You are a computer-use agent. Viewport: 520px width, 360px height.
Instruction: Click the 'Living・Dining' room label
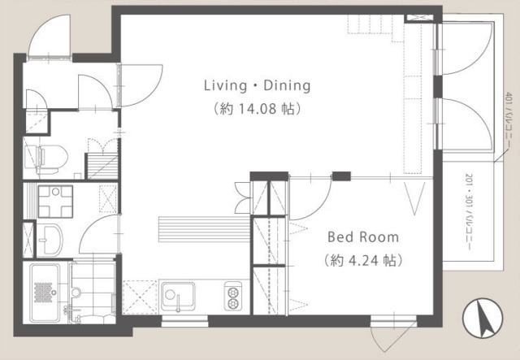coord(258,86)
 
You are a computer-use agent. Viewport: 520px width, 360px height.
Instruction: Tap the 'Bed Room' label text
coord(363,237)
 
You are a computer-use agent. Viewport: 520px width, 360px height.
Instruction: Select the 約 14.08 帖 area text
coord(258,109)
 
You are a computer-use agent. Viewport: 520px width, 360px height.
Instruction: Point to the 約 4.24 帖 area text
coord(363,261)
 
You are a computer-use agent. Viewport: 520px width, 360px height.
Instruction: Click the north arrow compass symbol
coord(483,319)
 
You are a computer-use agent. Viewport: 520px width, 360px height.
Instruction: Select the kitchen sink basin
coord(178,295)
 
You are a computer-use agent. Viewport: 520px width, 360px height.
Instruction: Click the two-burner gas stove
coord(233,296)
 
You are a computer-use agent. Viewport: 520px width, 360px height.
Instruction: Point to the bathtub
coord(45,293)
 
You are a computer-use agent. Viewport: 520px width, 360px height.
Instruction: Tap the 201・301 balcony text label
coord(469,211)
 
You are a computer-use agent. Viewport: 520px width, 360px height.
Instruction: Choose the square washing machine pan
coord(55,202)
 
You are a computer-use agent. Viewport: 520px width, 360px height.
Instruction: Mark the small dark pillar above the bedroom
coord(341,176)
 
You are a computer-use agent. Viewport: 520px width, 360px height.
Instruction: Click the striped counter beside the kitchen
coord(204,229)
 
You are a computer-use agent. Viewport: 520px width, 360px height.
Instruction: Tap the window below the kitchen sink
coord(184,321)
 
